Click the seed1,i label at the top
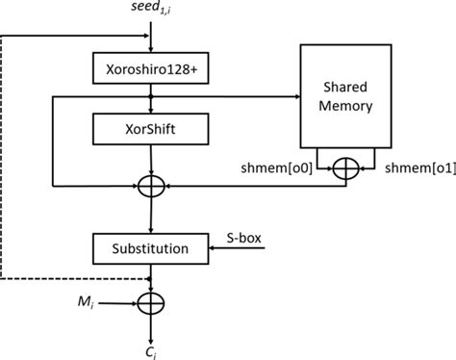[152, 11]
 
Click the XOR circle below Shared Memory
[343, 170]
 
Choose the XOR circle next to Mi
[151, 305]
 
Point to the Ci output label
[151, 348]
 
